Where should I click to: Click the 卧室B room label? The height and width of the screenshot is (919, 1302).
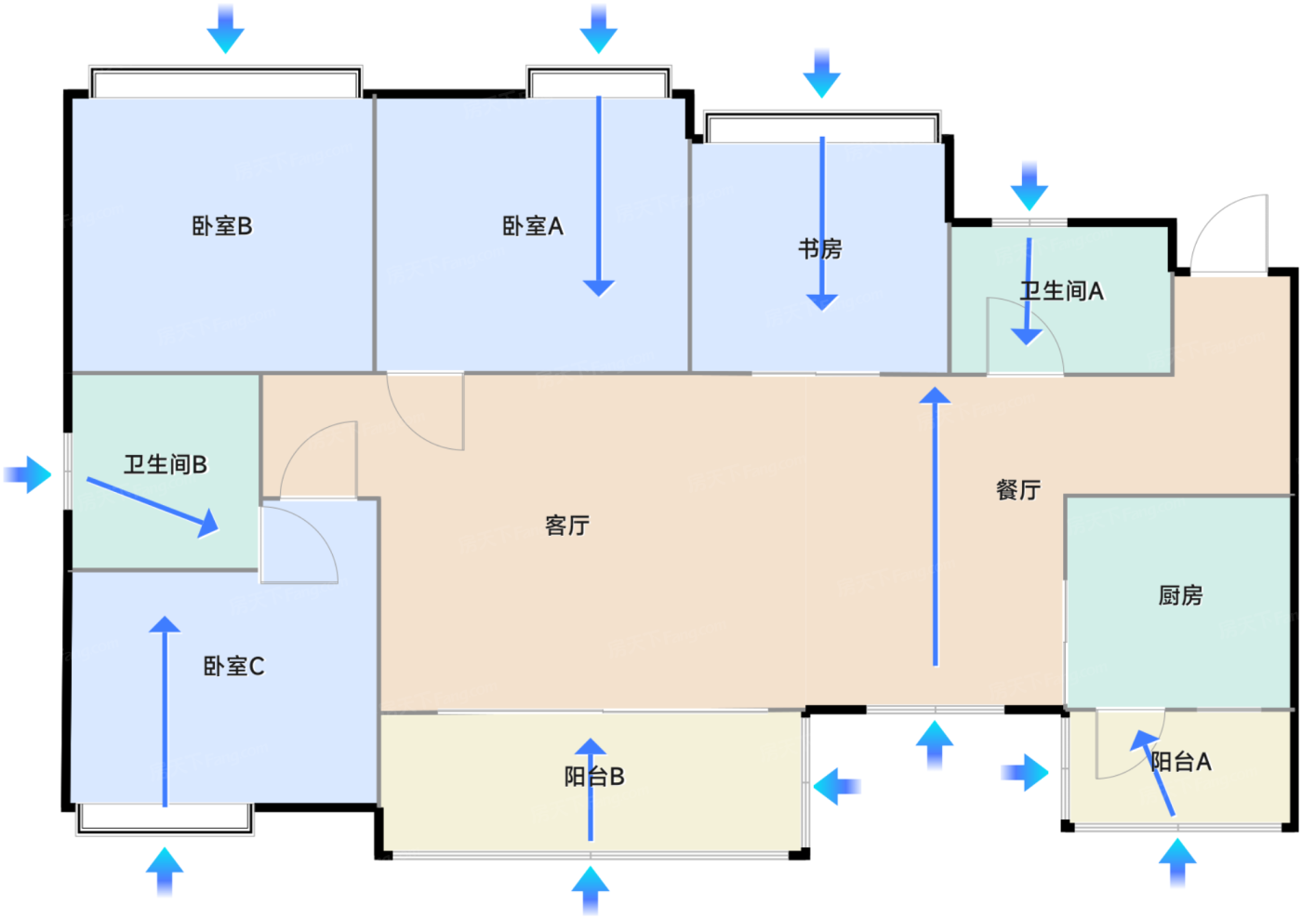click(222, 226)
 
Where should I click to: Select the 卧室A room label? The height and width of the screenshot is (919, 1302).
click(532, 226)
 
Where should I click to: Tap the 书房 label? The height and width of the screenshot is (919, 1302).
click(820, 248)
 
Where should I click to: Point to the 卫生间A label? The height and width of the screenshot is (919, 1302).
click(1061, 291)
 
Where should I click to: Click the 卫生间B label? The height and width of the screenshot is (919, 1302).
click(166, 464)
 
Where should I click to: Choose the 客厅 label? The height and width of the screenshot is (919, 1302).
click(567, 526)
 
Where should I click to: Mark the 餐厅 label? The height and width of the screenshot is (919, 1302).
click(1018, 490)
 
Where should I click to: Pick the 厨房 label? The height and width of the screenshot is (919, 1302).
click(1180, 595)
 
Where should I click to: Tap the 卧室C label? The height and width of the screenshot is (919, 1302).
click(233, 666)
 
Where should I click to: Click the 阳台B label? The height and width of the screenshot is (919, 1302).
click(594, 777)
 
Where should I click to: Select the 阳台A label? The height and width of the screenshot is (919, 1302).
click(1181, 762)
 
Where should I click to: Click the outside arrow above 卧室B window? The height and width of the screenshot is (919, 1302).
click(225, 29)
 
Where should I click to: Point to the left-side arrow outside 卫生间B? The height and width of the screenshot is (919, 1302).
click(27, 475)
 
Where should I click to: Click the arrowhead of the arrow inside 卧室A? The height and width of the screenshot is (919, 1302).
click(599, 288)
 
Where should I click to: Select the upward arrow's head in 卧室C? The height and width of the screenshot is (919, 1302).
click(165, 624)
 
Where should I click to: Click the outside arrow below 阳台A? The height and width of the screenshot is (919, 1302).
click(1177, 862)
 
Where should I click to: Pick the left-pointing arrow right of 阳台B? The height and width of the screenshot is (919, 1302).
click(837, 787)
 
